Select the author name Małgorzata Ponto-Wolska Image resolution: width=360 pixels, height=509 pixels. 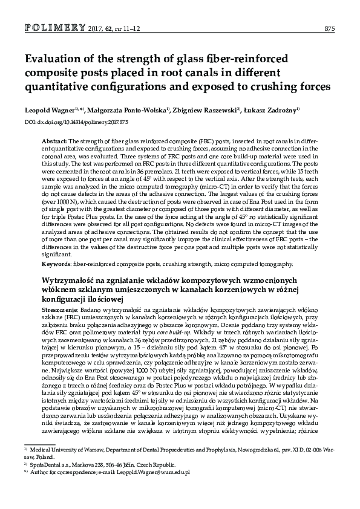[126, 111]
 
